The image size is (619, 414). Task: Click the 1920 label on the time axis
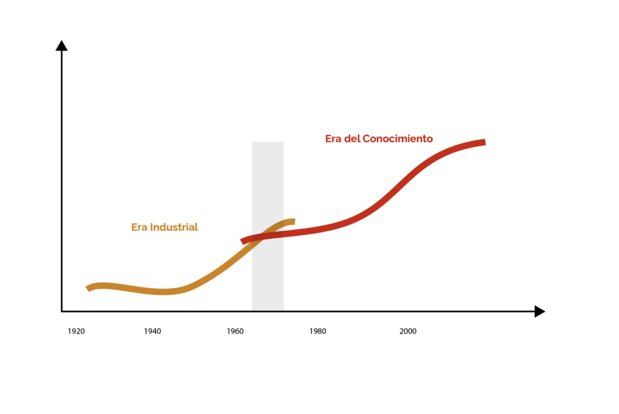76,331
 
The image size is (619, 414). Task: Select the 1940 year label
153,331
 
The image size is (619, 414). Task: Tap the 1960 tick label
235,331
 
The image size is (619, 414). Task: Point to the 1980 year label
317,331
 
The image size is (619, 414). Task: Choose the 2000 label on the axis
407,331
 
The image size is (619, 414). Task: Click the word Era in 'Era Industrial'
139,228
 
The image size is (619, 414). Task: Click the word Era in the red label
334,138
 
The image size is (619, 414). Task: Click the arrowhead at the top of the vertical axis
61,45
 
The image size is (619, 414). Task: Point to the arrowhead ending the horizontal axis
540,311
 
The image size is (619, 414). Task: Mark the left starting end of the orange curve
88,288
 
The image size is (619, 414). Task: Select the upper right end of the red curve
484,143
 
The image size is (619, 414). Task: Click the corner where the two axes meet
62,311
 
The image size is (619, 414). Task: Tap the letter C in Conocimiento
366,138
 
